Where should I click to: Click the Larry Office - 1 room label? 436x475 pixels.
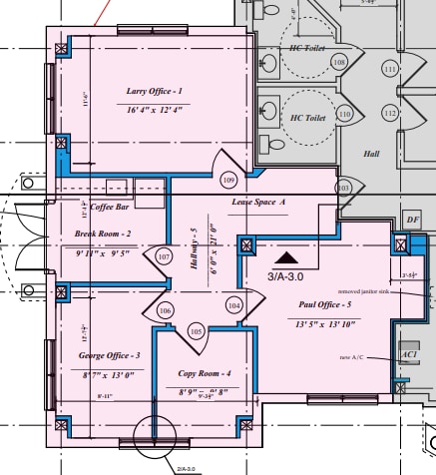(x=154, y=91)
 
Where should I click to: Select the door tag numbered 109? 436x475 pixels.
(x=228, y=180)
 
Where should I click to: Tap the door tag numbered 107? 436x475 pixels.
(x=164, y=256)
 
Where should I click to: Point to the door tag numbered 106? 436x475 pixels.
(x=166, y=310)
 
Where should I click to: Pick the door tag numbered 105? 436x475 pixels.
(x=196, y=330)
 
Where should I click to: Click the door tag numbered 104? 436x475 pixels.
(x=233, y=304)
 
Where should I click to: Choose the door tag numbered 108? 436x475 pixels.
(x=339, y=63)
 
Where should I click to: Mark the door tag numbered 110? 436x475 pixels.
(x=344, y=114)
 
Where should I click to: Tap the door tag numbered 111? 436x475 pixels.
(x=390, y=69)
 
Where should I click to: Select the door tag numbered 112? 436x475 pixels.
(x=390, y=113)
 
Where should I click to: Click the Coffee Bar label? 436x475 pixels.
(x=110, y=208)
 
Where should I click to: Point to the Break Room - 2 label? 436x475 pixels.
(x=103, y=234)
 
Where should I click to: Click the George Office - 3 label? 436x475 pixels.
(x=109, y=355)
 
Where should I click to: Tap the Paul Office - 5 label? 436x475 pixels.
(x=324, y=303)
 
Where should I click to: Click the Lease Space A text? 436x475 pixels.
(x=258, y=202)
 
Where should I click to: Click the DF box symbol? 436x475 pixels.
(x=413, y=220)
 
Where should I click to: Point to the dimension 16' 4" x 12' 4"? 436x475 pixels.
(x=155, y=110)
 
